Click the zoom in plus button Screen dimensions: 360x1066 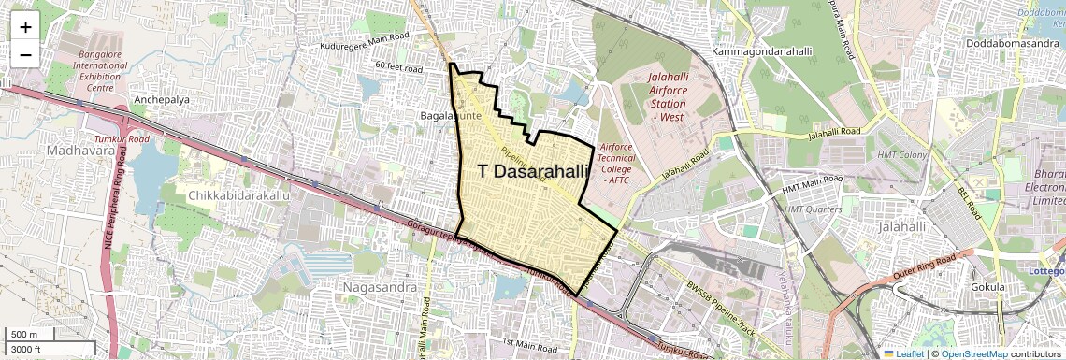coord(25,27)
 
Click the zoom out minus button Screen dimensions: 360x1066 coord(25,55)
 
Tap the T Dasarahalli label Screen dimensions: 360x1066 coord(534,171)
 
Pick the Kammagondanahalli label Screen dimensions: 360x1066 coord(760,50)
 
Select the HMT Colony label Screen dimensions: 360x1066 coord(900,153)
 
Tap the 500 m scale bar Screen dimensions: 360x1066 coord(26,335)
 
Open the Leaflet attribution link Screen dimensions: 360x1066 coord(902,353)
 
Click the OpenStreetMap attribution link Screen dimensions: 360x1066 coord(973,353)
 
